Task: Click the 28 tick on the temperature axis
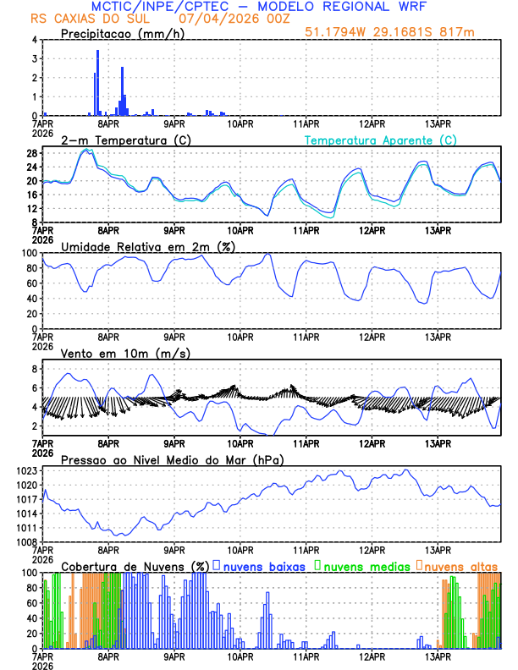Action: pyautogui.click(x=31, y=153)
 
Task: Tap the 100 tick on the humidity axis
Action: pyautogui.click(x=28, y=253)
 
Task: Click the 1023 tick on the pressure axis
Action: pyautogui.click(x=25, y=470)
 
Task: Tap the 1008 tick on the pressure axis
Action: pyautogui.click(x=25, y=541)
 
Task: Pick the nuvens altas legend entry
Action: pyautogui.click(x=460, y=565)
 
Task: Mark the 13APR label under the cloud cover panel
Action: pyautogui.click(x=438, y=656)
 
